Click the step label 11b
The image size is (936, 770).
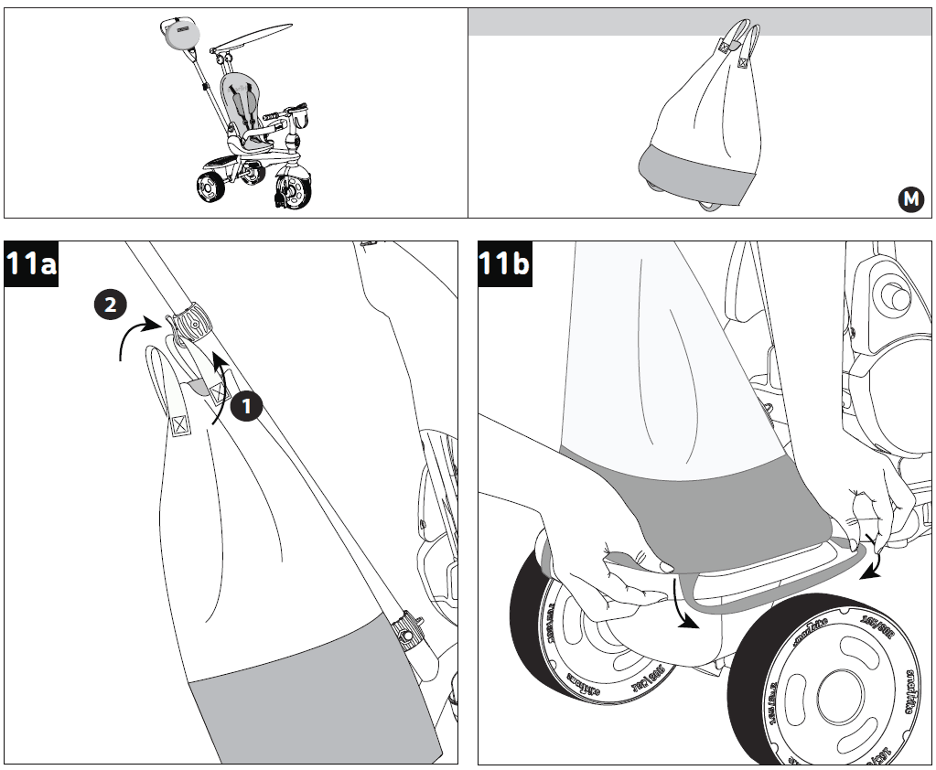click(x=504, y=263)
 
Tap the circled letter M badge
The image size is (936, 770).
click(x=910, y=199)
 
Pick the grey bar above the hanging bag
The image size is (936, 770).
click(x=701, y=23)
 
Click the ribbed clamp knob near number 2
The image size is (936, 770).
click(x=192, y=323)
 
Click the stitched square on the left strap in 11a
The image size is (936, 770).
click(x=179, y=424)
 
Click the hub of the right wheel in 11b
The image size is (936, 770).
click(x=834, y=693)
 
